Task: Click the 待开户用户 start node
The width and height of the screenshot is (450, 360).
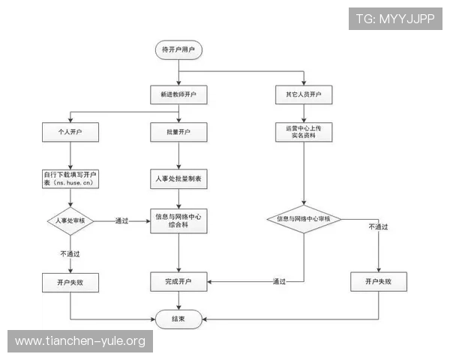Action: (178, 49)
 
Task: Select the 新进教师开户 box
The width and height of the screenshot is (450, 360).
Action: (178, 96)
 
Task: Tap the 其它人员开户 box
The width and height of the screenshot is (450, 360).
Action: (303, 96)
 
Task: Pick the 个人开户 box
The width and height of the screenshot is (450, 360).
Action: (71, 133)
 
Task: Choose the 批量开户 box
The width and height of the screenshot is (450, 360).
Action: (178, 133)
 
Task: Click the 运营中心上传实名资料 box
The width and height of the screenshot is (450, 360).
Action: (303, 133)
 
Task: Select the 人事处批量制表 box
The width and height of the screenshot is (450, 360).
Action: (178, 179)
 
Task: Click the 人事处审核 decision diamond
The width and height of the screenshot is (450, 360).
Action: (71, 220)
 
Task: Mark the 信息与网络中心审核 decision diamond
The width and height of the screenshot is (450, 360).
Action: (303, 219)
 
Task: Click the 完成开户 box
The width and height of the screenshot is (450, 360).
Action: (178, 282)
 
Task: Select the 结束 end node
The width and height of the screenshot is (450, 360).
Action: (178, 319)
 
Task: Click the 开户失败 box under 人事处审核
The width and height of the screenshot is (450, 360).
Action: (71, 282)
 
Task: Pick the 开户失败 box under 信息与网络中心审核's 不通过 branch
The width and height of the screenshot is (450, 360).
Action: (379, 282)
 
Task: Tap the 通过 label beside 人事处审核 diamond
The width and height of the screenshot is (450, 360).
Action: (121, 220)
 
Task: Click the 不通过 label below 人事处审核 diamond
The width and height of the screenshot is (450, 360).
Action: (70, 253)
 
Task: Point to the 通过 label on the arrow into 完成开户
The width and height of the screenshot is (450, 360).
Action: (279, 282)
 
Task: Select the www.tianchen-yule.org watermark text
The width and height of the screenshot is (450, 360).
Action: (80, 342)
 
